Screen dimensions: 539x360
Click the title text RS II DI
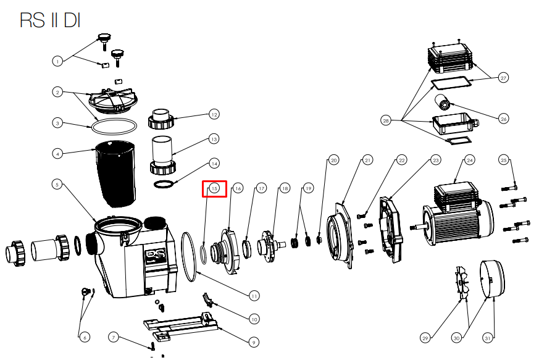[x=50, y=20]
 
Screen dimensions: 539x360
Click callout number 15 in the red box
[x=214, y=188]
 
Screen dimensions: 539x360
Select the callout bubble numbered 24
[x=470, y=160]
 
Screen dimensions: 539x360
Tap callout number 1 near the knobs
[x=57, y=62]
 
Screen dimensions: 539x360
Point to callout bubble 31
[x=487, y=338]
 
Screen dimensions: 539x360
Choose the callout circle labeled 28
[x=386, y=120]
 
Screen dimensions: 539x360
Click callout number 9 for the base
[x=254, y=342]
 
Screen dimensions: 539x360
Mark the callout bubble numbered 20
[x=333, y=160]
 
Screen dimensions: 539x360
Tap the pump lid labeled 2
[x=113, y=101]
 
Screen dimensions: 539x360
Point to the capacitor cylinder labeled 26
[x=443, y=101]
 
